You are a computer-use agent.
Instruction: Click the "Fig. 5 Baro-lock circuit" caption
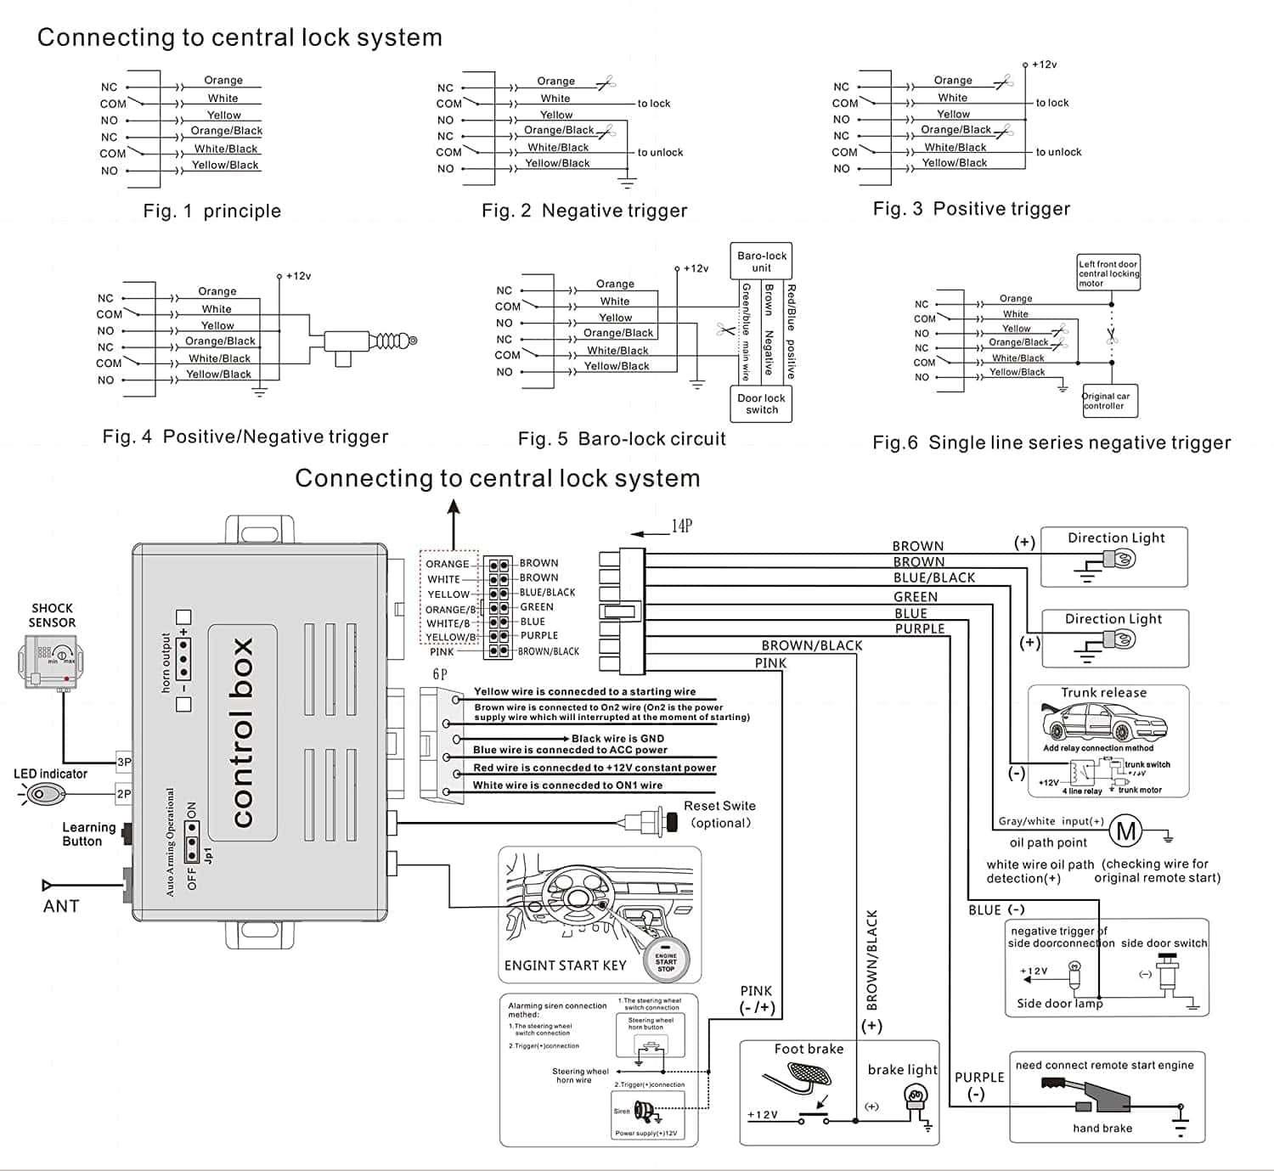(622, 439)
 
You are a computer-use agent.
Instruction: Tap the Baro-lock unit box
(762, 261)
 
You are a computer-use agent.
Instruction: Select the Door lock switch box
(762, 403)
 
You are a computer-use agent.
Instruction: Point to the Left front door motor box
(1108, 273)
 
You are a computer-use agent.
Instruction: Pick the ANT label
(61, 906)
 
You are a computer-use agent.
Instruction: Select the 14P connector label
(682, 526)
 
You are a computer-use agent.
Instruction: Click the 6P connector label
(440, 674)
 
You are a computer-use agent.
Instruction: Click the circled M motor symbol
(1126, 831)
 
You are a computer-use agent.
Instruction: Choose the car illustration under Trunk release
(1104, 724)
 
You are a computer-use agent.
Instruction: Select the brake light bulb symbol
(916, 1099)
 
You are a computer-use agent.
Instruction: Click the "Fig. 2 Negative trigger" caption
(584, 211)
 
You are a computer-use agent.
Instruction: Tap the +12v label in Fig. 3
(1044, 65)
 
